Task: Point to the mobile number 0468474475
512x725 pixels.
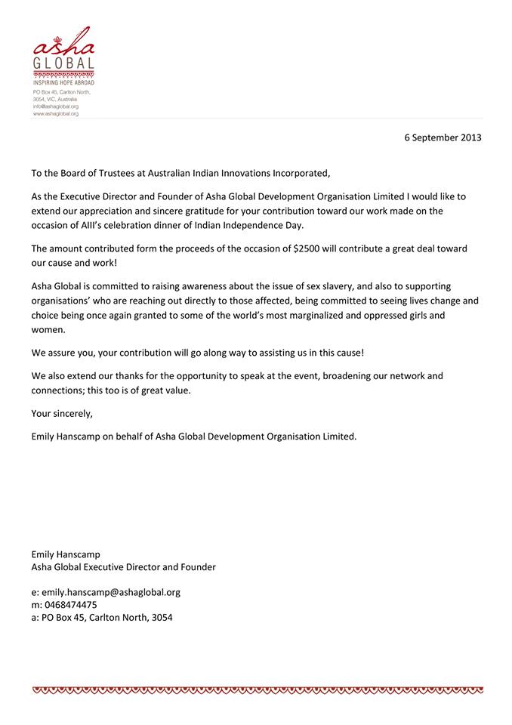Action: [69, 604]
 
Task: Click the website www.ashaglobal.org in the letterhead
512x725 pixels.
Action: [56, 113]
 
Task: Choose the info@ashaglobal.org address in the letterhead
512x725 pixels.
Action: [56, 106]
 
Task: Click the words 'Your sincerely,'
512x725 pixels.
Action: [63, 412]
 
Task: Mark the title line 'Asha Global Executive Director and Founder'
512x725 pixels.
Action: [123, 566]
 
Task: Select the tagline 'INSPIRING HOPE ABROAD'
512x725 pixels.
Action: [63, 83]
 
